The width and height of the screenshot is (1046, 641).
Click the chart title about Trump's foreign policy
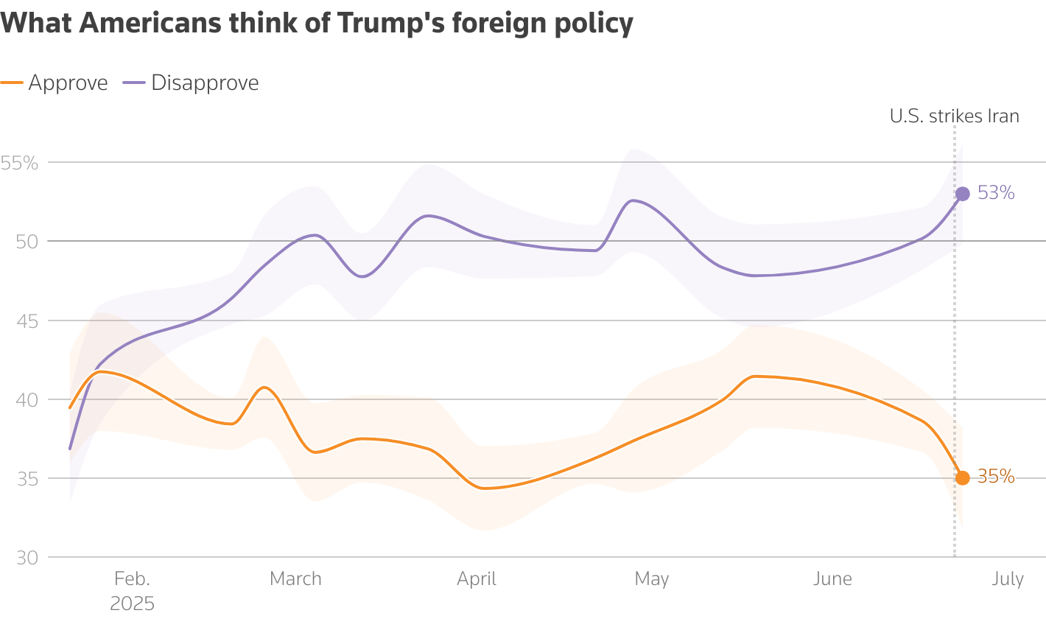[317, 24]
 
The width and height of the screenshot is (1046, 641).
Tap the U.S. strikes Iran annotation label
[954, 116]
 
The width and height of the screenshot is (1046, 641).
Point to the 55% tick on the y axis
[20, 163]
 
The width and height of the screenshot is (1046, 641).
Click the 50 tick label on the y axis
[27, 242]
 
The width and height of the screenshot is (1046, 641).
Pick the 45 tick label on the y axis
[27, 320]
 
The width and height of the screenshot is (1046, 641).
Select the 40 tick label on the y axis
[27, 400]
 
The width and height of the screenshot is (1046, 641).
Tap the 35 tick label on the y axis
[27, 479]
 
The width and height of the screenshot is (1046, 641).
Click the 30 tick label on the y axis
[27, 558]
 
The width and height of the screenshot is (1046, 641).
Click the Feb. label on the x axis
[132, 578]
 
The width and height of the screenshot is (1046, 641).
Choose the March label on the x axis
[295, 578]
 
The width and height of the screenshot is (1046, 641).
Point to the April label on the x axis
[477, 578]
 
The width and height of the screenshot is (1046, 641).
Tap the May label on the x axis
[651, 578]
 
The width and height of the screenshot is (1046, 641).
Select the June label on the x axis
[832, 578]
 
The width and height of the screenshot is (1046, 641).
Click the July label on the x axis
[1008, 578]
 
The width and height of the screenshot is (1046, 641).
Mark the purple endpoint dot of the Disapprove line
[962, 194]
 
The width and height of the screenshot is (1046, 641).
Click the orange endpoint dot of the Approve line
[962, 477]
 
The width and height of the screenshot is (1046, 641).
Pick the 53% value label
[996, 193]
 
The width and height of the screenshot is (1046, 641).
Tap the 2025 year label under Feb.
[132, 604]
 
